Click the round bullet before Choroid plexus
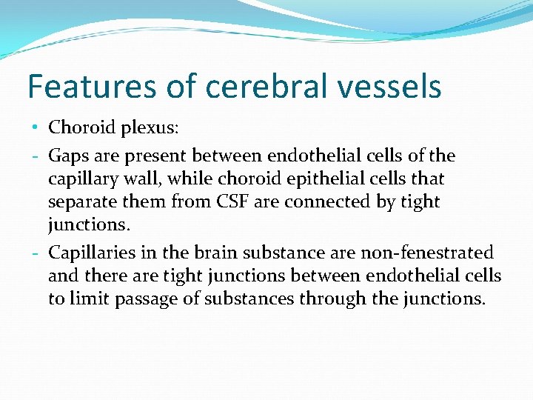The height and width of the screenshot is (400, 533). pos(36,127)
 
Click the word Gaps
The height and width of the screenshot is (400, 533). pos(67,156)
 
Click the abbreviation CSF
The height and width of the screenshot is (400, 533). pos(233,202)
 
